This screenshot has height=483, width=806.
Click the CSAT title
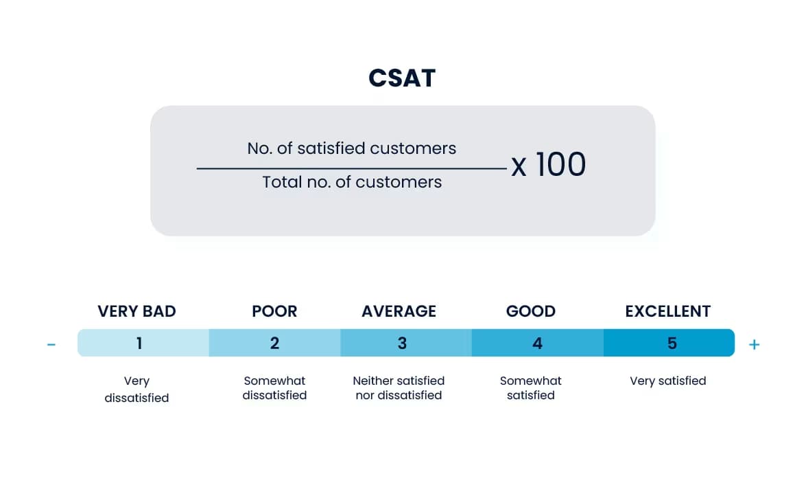402,78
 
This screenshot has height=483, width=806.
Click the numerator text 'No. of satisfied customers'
351,148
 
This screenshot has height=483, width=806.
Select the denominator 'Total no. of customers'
351,182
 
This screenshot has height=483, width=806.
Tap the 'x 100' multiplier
548,165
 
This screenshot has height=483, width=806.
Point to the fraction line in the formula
351,168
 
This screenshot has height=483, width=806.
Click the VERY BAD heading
137,311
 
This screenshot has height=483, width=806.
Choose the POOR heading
274,311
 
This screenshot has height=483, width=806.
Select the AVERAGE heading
399,311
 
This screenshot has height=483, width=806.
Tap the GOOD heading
530,311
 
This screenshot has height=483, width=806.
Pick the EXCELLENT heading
667,311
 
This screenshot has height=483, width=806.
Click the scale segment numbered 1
143,343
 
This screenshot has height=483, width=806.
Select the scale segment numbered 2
274,343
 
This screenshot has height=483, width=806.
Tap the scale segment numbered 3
405,343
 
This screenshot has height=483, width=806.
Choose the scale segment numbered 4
537,343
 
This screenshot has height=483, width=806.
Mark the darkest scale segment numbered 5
669,343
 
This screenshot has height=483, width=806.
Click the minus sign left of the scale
51,344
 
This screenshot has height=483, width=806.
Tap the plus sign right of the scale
754,344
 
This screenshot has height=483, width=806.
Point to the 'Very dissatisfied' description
137,389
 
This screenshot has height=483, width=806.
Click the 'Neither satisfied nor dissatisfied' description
399,388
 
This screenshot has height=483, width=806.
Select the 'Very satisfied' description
667,381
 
